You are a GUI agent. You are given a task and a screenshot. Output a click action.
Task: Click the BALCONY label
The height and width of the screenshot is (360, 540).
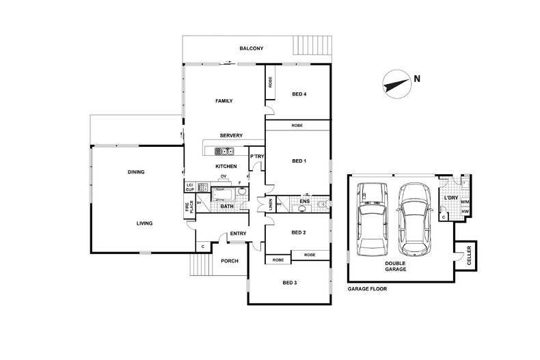[252, 49]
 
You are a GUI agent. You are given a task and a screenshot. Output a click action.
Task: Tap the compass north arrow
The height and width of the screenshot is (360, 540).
[396, 85]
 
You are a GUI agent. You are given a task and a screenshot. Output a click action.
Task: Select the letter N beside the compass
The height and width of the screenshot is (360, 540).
[417, 79]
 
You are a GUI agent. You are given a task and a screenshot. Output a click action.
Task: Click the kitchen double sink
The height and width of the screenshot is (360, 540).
[224, 151]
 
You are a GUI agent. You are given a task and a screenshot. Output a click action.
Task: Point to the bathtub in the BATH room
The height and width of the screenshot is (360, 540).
[223, 195]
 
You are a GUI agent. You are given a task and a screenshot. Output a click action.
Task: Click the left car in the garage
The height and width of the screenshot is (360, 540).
[372, 219]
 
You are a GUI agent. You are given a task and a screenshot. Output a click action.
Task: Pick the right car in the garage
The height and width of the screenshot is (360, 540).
[414, 219]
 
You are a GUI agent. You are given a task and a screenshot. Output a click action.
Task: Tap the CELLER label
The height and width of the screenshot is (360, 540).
[469, 255]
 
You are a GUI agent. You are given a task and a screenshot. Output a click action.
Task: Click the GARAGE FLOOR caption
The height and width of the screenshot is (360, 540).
[367, 289]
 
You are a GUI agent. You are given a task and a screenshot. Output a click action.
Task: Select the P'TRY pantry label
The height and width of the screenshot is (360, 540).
[257, 156]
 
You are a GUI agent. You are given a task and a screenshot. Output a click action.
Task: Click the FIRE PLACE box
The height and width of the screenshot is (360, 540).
[189, 206]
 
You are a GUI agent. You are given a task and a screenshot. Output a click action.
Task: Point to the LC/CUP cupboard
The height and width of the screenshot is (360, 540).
[190, 187]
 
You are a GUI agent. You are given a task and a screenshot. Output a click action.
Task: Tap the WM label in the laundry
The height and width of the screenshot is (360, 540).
[465, 202]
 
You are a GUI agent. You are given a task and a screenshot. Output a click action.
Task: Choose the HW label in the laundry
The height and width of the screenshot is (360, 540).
[465, 212]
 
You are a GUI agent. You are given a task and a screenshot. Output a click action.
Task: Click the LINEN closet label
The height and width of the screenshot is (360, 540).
[271, 204]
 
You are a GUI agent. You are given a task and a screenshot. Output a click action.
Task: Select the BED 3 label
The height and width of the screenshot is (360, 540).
[290, 283]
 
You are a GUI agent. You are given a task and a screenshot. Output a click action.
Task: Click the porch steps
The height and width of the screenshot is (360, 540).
[200, 264]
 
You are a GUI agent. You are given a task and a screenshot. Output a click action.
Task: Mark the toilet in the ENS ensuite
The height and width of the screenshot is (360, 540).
[322, 205]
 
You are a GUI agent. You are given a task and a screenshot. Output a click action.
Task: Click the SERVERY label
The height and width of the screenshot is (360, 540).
[231, 136]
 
